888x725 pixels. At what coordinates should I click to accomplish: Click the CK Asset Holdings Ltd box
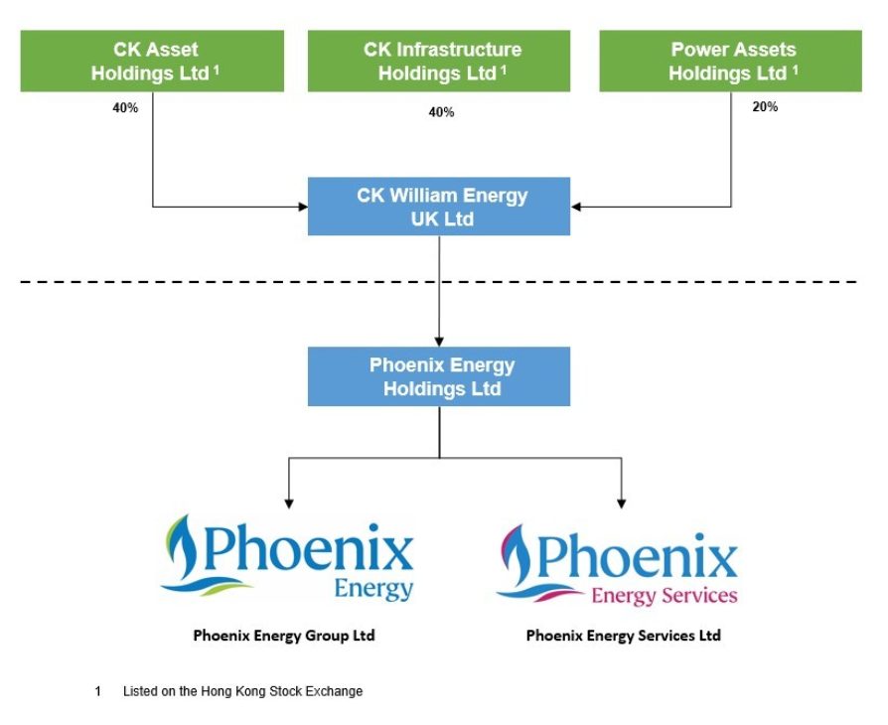152,61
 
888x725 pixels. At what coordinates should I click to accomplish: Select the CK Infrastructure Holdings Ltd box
439,61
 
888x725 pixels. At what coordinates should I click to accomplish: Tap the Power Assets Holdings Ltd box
731,61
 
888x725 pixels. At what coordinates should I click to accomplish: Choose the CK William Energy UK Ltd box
439,207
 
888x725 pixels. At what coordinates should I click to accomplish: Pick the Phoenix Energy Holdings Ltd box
439,376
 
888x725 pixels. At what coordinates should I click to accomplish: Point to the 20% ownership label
765,107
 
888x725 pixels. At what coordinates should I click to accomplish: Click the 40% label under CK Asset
125,107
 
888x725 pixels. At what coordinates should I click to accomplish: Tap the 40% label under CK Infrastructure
441,112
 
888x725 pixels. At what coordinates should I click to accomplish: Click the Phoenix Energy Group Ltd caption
284,636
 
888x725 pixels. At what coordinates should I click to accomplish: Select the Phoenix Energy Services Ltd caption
623,636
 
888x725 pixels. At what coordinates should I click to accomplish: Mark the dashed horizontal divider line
439,282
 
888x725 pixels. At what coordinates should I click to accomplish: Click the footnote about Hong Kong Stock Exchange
242,691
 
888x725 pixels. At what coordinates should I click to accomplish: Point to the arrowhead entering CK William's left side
302,207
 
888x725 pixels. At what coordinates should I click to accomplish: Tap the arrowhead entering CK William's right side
577,207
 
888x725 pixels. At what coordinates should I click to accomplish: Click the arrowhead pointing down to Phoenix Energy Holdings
439,341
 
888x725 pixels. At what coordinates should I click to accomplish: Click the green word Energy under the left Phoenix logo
373,589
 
